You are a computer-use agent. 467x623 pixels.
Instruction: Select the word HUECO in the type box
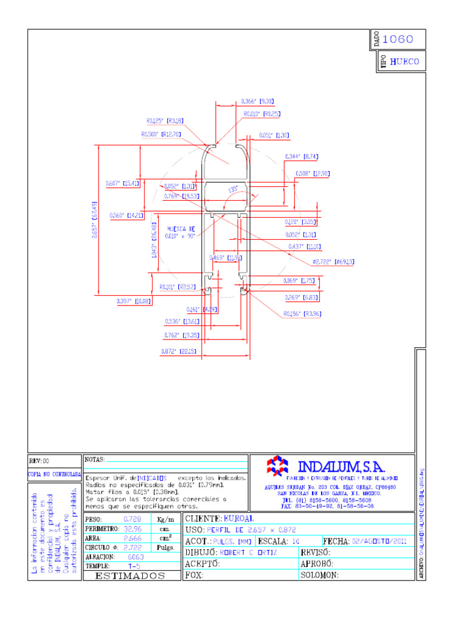point(404,61)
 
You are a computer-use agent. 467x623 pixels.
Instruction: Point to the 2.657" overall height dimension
point(94,220)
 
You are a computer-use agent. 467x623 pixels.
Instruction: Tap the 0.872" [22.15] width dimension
point(178,351)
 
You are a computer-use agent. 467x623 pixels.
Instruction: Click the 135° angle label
point(233,189)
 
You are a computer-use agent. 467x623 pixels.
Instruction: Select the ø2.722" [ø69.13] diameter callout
point(333,262)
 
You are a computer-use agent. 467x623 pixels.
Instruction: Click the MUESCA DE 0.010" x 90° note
point(180,232)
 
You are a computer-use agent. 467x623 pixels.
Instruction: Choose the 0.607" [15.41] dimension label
point(123,183)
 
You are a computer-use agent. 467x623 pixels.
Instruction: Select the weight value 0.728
point(132,519)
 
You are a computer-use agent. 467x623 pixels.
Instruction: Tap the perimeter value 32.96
point(132,529)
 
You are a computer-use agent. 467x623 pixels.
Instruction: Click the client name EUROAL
point(239,518)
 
